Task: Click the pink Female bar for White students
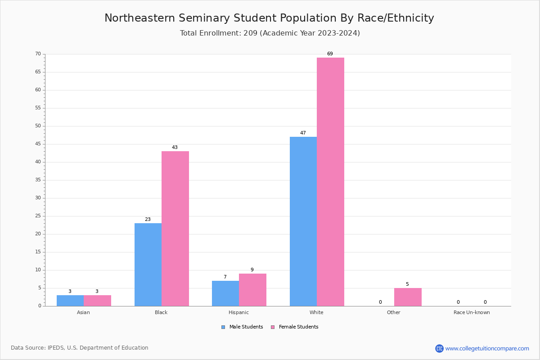tap(330, 182)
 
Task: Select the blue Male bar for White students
tap(303, 221)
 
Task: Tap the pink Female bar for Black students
tap(175, 229)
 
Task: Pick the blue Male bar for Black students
tap(148, 265)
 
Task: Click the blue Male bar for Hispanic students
tap(225, 293)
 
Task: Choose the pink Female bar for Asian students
tap(97, 301)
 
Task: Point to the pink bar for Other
tap(408, 297)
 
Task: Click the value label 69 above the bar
tap(330, 54)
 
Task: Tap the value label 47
tap(303, 133)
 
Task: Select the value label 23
tap(148, 220)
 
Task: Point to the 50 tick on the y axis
tap(38, 126)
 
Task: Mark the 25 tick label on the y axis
tap(38, 216)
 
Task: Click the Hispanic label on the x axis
tap(238, 312)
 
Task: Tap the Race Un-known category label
tap(472, 312)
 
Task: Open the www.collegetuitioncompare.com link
tap(487, 348)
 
